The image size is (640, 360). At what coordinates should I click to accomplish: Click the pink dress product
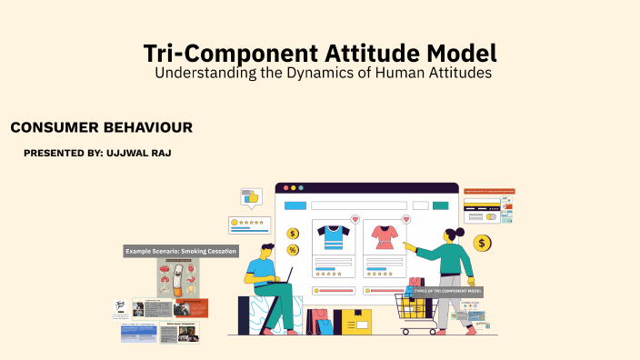pos(383,237)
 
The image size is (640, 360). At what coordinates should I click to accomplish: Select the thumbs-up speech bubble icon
pos(251,197)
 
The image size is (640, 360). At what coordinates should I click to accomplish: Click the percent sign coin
pos(293,250)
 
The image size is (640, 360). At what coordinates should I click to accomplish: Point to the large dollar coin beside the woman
pos(482,243)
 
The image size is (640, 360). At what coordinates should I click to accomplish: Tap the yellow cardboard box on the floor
pos(353,321)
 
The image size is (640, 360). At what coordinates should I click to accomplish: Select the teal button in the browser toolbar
pos(443,205)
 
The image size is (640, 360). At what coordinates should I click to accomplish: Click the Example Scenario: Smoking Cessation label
pos(181,251)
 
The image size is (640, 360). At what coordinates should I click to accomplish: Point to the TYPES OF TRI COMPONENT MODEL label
pos(447,292)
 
